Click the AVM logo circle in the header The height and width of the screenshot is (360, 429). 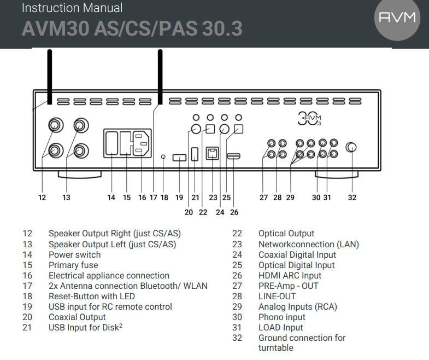pos(397,18)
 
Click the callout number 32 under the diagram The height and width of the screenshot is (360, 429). pos(352,198)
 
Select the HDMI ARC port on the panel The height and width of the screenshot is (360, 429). pos(233,157)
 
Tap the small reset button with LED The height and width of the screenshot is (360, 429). pos(164,158)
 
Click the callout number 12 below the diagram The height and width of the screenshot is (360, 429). pos(42,198)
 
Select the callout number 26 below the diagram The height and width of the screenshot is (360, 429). pos(234,212)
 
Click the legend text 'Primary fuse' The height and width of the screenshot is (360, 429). pos(73,265)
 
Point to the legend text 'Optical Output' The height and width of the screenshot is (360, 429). pos(286,234)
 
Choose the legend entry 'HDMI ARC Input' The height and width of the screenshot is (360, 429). pos(290,276)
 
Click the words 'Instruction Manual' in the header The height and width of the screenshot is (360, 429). pos(72,8)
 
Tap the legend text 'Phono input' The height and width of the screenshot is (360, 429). pos(282,317)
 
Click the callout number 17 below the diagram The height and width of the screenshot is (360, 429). pos(153,198)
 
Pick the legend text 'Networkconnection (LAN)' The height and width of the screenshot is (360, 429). pos(309,245)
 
